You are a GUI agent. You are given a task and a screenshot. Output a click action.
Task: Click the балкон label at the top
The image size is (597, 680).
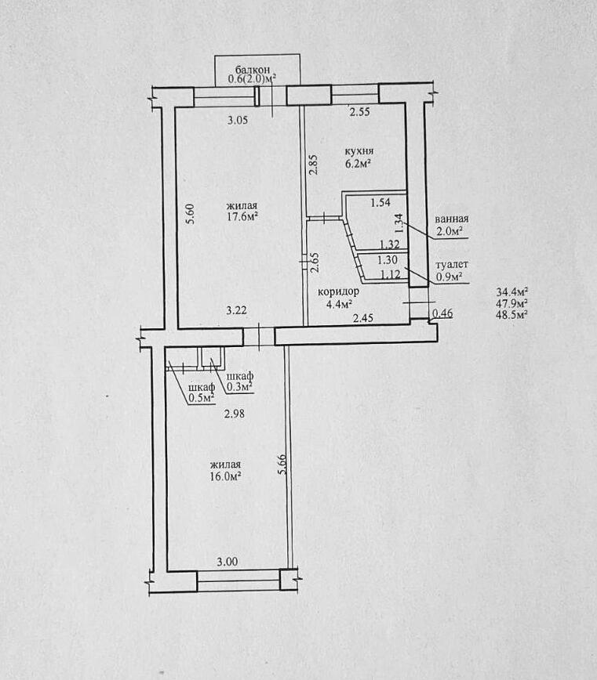click(x=253, y=70)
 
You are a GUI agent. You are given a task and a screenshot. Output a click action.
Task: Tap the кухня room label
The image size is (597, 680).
click(x=359, y=151)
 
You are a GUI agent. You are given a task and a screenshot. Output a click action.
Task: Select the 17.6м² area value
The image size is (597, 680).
click(x=242, y=216)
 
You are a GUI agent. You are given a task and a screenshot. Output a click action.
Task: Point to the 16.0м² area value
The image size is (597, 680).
click(x=225, y=476)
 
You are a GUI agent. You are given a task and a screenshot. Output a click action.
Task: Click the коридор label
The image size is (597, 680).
click(x=338, y=292)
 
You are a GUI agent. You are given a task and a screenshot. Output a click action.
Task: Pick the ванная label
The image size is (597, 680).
click(x=452, y=219)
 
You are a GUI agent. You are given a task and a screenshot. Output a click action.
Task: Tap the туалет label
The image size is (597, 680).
click(x=452, y=265)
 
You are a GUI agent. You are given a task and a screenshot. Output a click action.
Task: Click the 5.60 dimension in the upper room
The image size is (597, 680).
click(x=191, y=214)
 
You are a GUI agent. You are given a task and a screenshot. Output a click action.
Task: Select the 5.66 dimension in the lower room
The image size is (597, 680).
click(x=282, y=464)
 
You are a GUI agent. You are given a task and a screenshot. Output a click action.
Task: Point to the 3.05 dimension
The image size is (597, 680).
click(x=238, y=120)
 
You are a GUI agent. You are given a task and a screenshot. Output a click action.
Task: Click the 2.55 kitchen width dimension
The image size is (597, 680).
click(x=360, y=112)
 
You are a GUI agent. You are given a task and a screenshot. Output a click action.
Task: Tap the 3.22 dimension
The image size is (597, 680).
click(x=237, y=310)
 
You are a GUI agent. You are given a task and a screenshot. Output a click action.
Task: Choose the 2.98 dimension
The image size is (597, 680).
click(x=235, y=414)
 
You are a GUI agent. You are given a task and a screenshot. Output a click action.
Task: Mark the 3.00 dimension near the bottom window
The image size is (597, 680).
click(x=228, y=562)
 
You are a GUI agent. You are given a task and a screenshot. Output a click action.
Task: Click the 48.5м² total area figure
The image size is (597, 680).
click(x=512, y=314)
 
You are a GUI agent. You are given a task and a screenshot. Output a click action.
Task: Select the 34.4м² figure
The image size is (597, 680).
click(x=512, y=291)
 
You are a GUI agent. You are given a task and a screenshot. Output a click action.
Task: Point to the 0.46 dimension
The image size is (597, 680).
click(x=443, y=313)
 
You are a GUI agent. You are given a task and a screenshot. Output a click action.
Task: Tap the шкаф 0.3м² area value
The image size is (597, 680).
click(x=240, y=387)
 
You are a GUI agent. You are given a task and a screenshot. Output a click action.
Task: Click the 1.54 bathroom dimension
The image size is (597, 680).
click(x=380, y=202)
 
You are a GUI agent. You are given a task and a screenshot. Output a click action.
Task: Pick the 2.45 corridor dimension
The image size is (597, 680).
click(x=363, y=318)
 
